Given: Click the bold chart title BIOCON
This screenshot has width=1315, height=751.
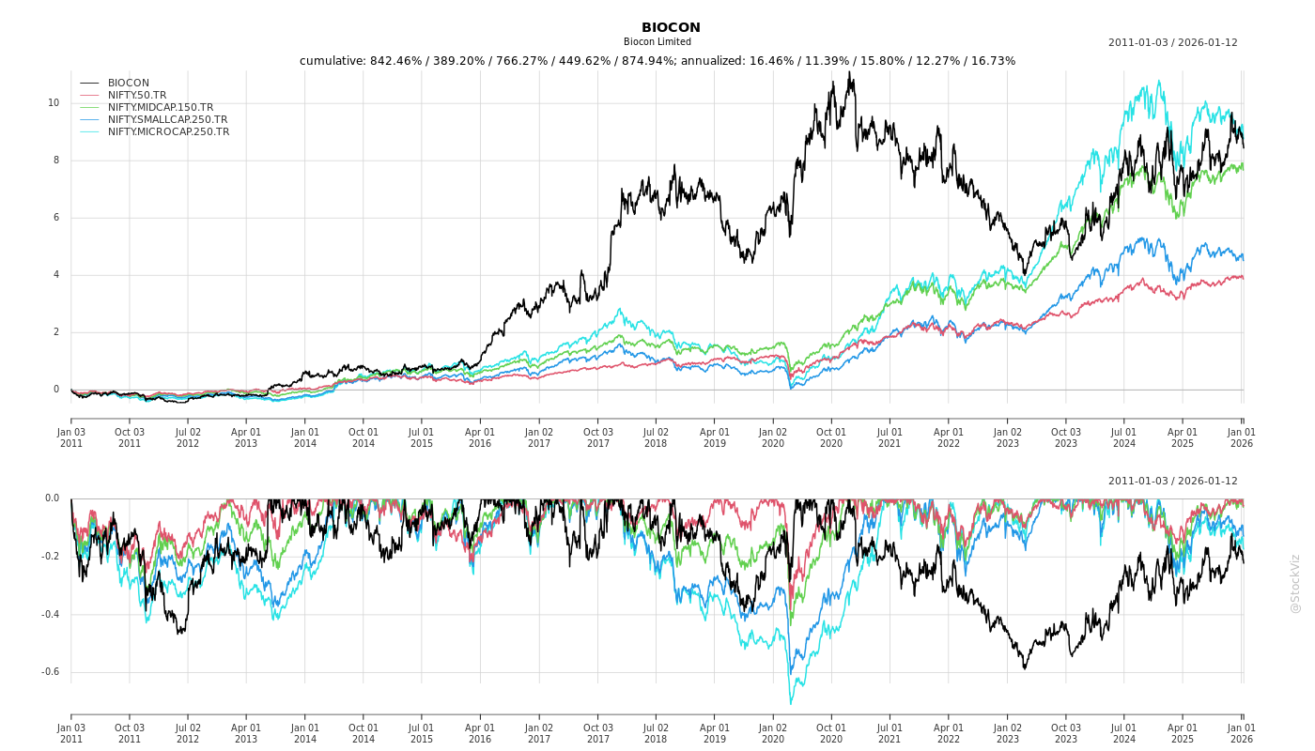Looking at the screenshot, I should click(x=671, y=27).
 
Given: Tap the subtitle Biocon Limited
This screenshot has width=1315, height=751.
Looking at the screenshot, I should click(x=657, y=42).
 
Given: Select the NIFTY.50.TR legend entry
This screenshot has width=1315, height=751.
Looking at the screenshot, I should click(x=137, y=95).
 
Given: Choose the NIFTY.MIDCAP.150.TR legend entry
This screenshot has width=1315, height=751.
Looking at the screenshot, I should click(x=160, y=107).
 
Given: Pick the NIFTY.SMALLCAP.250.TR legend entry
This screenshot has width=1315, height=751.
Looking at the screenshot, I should click(x=167, y=119).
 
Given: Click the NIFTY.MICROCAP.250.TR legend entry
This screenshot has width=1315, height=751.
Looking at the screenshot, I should click(x=168, y=131).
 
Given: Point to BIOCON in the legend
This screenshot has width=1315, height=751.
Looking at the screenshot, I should click(x=129, y=83).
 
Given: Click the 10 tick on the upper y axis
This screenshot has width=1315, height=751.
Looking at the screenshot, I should click(x=54, y=103).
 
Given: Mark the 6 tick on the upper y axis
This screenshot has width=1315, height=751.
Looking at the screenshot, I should click(x=56, y=218).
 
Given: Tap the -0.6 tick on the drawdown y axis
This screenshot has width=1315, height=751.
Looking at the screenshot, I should click(x=51, y=672).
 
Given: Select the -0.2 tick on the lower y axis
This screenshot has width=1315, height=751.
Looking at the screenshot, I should click(x=51, y=557).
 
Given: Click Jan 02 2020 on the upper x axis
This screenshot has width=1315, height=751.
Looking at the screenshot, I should click(x=773, y=437).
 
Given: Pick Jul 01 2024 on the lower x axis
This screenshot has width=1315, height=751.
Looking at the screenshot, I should click(x=1124, y=733).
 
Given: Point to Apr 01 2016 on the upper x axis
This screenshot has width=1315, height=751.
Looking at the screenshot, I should click(x=480, y=437).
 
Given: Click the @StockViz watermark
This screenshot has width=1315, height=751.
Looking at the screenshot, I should click(x=1295, y=583).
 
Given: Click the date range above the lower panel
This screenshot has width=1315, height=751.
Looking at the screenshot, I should click(x=1172, y=481).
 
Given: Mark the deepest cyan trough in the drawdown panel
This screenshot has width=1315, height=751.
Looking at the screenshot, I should click(x=791, y=703).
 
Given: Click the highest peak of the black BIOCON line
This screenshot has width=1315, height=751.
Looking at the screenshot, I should click(x=849, y=72).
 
